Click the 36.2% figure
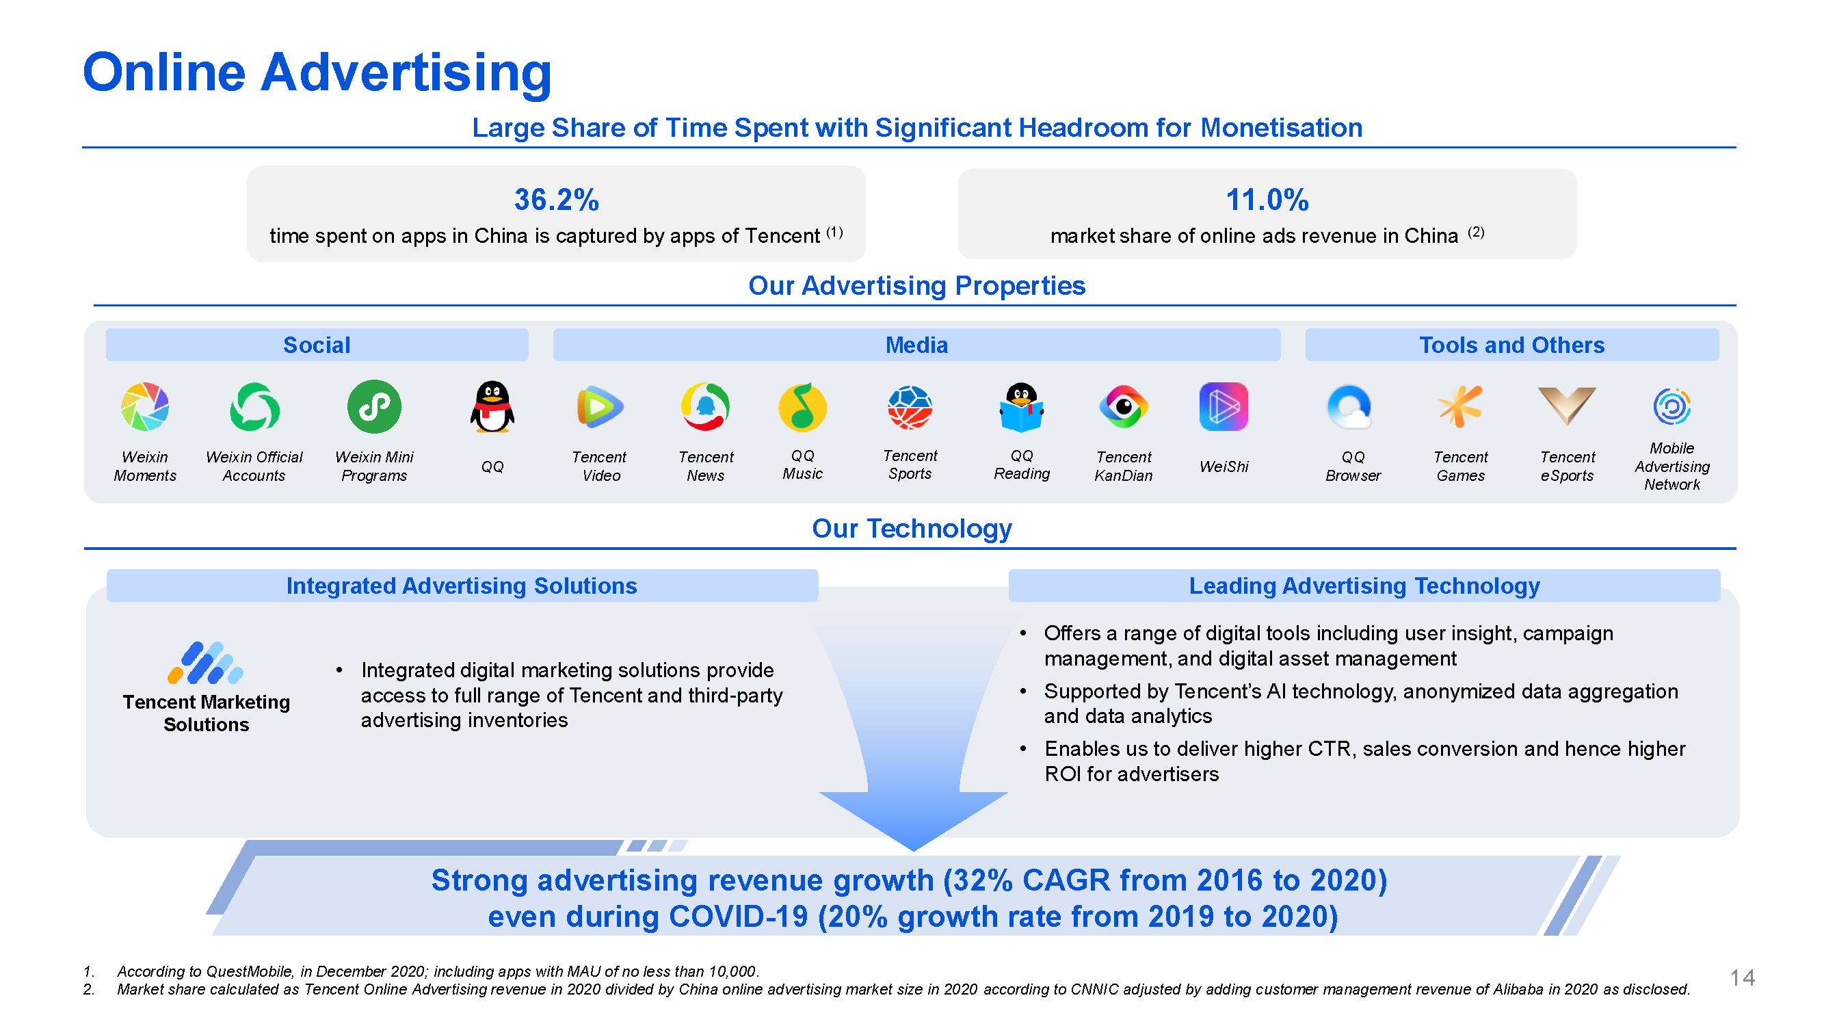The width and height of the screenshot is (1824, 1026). (x=556, y=200)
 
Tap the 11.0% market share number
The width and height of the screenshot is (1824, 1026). (x=1267, y=200)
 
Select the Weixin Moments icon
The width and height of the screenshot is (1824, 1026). (x=145, y=406)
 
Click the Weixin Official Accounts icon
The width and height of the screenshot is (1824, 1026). (x=254, y=406)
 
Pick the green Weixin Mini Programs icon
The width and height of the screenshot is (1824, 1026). (x=374, y=406)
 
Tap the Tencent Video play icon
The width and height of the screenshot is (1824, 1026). (x=600, y=406)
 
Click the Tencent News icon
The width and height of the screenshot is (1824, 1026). (x=705, y=406)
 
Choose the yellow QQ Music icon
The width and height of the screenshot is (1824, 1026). (x=802, y=406)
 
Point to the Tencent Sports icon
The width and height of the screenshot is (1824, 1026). (x=910, y=407)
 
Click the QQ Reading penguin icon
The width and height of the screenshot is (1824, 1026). (x=1021, y=406)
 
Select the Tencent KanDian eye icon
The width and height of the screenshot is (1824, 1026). (x=1124, y=406)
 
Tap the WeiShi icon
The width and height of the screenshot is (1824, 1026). (x=1224, y=406)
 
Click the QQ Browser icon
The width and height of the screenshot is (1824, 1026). (x=1350, y=406)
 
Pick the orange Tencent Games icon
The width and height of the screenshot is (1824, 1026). (x=1460, y=406)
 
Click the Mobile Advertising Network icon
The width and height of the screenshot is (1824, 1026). (x=1671, y=406)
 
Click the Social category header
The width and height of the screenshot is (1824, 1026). (x=317, y=345)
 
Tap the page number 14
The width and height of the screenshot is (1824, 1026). (x=1743, y=978)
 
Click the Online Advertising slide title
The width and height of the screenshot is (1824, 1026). (x=317, y=73)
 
